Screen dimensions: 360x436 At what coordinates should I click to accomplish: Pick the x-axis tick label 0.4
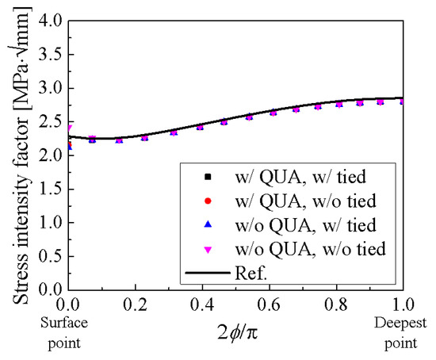[x=204, y=304]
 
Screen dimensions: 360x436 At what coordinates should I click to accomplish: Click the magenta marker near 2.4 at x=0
[x=69, y=128]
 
